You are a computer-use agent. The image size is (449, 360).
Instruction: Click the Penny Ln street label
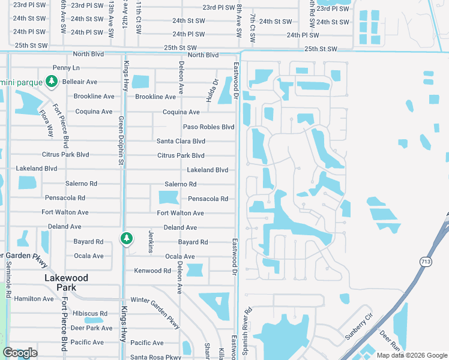click(x=67, y=68)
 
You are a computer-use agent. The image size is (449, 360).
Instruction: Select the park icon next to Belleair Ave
click(x=52, y=81)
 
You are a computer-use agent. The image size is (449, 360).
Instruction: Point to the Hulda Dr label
click(x=214, y=90)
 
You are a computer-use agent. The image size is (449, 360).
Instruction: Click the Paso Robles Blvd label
click(x=208, y=127)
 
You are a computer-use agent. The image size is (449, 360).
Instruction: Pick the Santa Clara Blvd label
click(x=181, y=141)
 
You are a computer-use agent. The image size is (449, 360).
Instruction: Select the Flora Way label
click(x=46, y=122)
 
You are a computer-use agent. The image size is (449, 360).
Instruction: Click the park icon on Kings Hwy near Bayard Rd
click(x=126, y=238)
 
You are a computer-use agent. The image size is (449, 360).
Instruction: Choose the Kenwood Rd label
click(x=152, y=271)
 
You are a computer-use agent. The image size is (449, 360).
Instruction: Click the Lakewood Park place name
click(x=66, y=283)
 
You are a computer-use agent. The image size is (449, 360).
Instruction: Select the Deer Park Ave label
click(x=91, y=328)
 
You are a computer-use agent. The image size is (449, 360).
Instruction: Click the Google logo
click(x=20, y=353)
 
